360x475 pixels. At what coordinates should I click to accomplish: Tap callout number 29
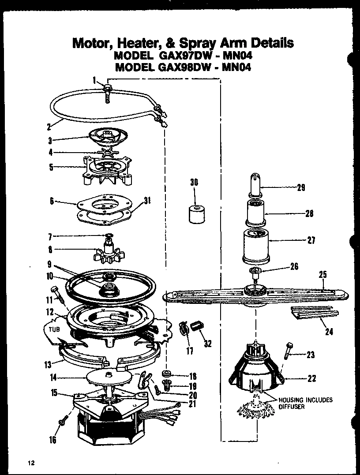(x=301, y=187)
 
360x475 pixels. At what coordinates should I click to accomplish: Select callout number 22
(x=311, y=378)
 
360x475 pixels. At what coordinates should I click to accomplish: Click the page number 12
(x=30, y=463)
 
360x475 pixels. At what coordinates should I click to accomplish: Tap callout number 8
(x=50, y=250)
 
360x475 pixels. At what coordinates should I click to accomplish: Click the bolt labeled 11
(x=56, y=293)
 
